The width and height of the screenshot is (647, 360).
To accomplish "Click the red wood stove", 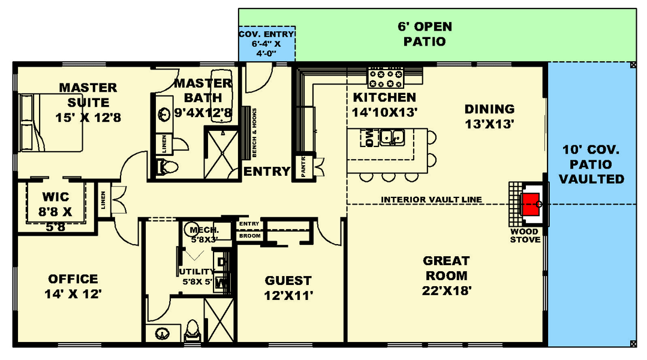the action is point(530,204).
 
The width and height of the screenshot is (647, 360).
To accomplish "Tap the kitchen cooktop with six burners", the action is point(386,77).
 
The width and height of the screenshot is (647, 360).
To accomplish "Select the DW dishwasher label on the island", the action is point(369,137).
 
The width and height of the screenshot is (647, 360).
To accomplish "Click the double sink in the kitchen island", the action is point(392,137).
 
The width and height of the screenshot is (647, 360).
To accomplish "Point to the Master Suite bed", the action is point(51,122).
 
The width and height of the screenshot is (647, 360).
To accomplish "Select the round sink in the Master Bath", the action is point(164,115).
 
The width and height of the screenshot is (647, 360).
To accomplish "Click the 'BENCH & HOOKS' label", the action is point(254,133).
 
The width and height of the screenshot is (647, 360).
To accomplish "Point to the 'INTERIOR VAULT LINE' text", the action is point(431,199).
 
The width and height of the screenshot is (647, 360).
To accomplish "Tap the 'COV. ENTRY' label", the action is point(266,34).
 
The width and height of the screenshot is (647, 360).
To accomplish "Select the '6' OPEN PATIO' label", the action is point(425,34).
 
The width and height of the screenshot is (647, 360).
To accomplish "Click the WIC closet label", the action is point(55,197).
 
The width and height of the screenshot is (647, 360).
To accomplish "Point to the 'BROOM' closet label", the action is point(249,236).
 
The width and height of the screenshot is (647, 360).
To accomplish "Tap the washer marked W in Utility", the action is point(221,283).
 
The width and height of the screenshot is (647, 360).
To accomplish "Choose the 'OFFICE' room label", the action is point(73,279).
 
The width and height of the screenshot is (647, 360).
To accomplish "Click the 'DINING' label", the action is point(489,109).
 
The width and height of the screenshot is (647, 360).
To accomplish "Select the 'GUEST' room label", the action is point(288,281).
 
